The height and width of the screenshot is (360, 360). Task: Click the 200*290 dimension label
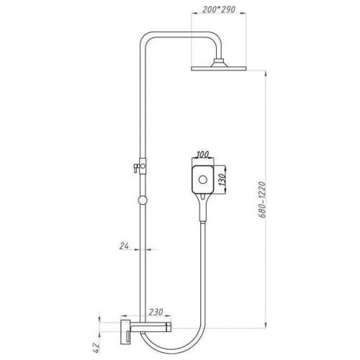219,9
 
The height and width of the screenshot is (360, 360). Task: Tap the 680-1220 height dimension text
262,200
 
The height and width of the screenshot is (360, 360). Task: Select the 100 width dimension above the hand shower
203,154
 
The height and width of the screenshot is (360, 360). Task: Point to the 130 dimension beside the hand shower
222,179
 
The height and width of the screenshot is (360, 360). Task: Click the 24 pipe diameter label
124,246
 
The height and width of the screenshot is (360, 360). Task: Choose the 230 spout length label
156,311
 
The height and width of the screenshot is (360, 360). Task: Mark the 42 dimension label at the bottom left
96,347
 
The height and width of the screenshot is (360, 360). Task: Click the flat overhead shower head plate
219,69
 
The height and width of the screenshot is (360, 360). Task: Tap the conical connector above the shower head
219,63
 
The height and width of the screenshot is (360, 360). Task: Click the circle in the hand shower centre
203,180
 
